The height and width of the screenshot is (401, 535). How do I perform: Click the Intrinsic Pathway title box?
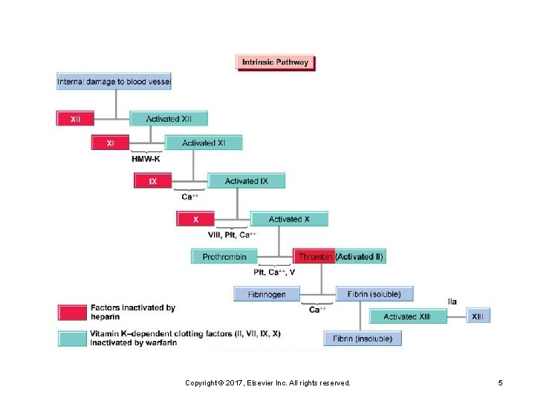click(x=275, y=62)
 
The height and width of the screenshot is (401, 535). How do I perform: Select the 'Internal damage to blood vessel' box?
click(x=114, y=81)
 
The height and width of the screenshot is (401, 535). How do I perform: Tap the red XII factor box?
click(x=76, y=118)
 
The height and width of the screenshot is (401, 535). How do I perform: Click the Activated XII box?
click(x=169, y=118)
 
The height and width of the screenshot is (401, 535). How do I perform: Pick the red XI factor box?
click(x=110, y=143)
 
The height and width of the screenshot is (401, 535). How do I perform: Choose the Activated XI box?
click(x=204, y=143)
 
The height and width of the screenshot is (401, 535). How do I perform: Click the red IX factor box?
click(x=152, y=180)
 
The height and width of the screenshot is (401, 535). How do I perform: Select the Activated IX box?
click(x=246, y=180)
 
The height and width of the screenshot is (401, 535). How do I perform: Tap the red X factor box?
click(x=195, y=219)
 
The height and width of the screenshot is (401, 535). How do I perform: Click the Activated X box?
click(x=289, y=219)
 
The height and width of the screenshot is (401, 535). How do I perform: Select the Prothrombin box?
click(x=224, y=257)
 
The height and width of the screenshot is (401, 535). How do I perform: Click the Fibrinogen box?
click(x=267, y=294)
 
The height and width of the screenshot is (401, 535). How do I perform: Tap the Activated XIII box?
click(x=407, y=316)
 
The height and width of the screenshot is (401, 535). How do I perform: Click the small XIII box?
click(x=479, y=316)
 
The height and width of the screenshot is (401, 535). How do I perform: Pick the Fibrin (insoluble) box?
click(x=363, y=339)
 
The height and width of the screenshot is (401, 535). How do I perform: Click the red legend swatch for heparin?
click(x=72, y=312)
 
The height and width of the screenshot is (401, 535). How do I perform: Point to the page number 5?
click(x=500, y=382)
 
